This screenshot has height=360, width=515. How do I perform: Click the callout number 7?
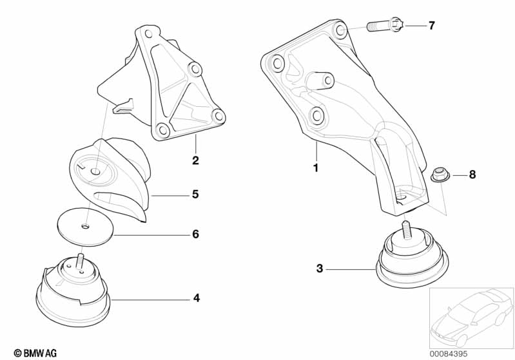(x=432, y=26)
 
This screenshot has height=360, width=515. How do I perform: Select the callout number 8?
(x=472, y=175)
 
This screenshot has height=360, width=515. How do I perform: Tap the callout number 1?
(x=316, y=167)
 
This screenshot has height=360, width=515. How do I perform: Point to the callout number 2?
(x=195, y=160)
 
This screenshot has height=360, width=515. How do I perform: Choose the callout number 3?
(x=320, y=268)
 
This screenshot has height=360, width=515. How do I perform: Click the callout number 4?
(x=197, y=298)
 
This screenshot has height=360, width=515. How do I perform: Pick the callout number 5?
(x=195, y=193)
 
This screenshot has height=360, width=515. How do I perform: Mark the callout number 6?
(x=195, y=234)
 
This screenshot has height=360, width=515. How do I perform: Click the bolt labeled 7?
(x=385, y=26)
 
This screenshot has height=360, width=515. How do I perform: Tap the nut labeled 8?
(x=440, y=174)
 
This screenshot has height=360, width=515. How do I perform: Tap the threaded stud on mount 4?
(x=80, y=261)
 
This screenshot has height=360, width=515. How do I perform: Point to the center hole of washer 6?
(x=86, y=226)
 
